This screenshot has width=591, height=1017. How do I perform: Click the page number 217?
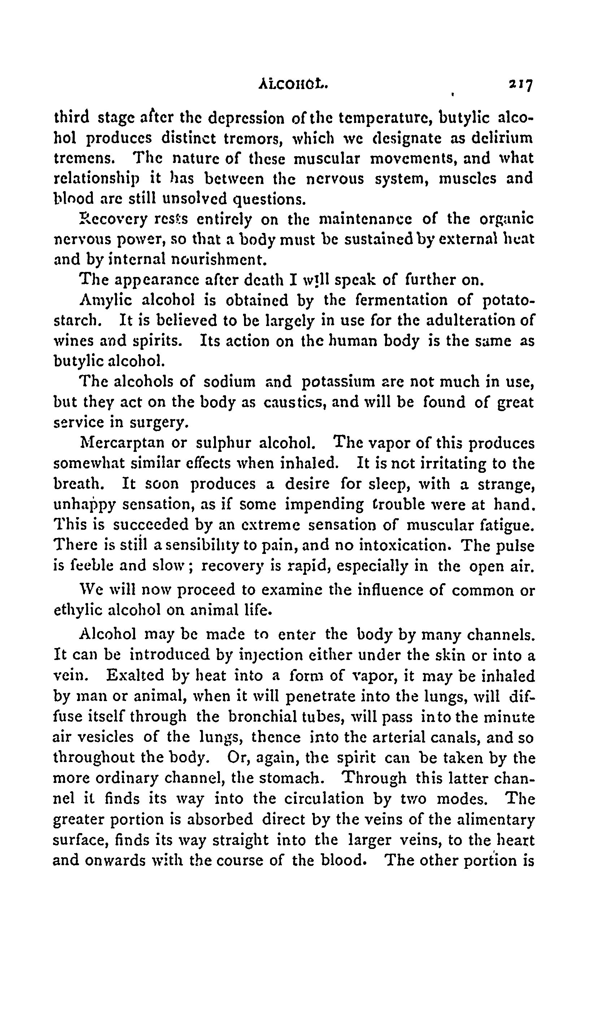pyautogui.click(x=521, y=85)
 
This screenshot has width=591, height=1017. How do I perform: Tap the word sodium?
pyautogui.click(x=230, y=382)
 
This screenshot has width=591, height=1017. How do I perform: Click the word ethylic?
pyautogui.click(x=77, y=611)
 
